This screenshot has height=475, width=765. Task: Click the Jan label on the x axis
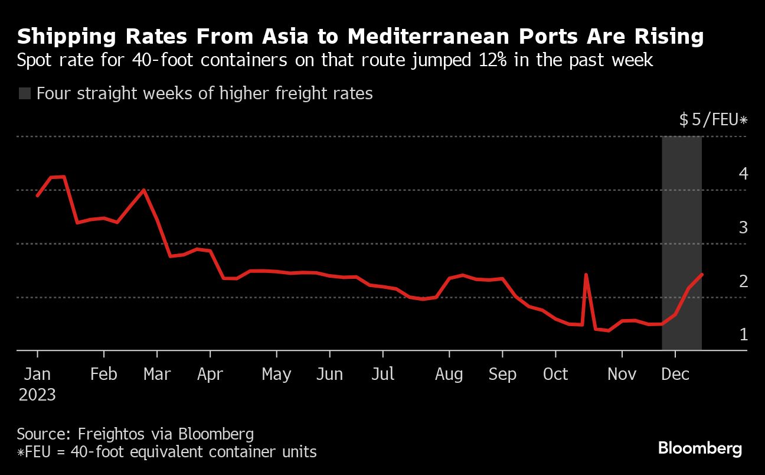[37, 374]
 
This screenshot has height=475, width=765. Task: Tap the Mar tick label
[157, 374]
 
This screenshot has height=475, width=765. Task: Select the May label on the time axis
[276, 374]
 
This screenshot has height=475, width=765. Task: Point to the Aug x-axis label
[449, 374]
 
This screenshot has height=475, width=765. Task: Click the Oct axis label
[555, 374]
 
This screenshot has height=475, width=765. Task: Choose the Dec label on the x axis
[675, 374]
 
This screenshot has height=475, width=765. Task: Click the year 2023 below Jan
[37, 395]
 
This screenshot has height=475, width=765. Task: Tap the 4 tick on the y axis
[743, 174]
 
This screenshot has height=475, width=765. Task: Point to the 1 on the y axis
[743, 334]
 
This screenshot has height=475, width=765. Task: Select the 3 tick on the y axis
[743, 227]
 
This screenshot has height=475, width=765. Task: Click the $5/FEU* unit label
[713, 120]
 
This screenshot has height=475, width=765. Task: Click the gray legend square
[25, 93]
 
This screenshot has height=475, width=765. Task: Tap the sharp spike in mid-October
[586, 275]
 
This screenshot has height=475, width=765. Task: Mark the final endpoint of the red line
[701, 274]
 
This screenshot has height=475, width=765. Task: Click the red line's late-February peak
[143, 190]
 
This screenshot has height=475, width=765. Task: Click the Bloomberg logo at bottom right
[700, 448]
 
